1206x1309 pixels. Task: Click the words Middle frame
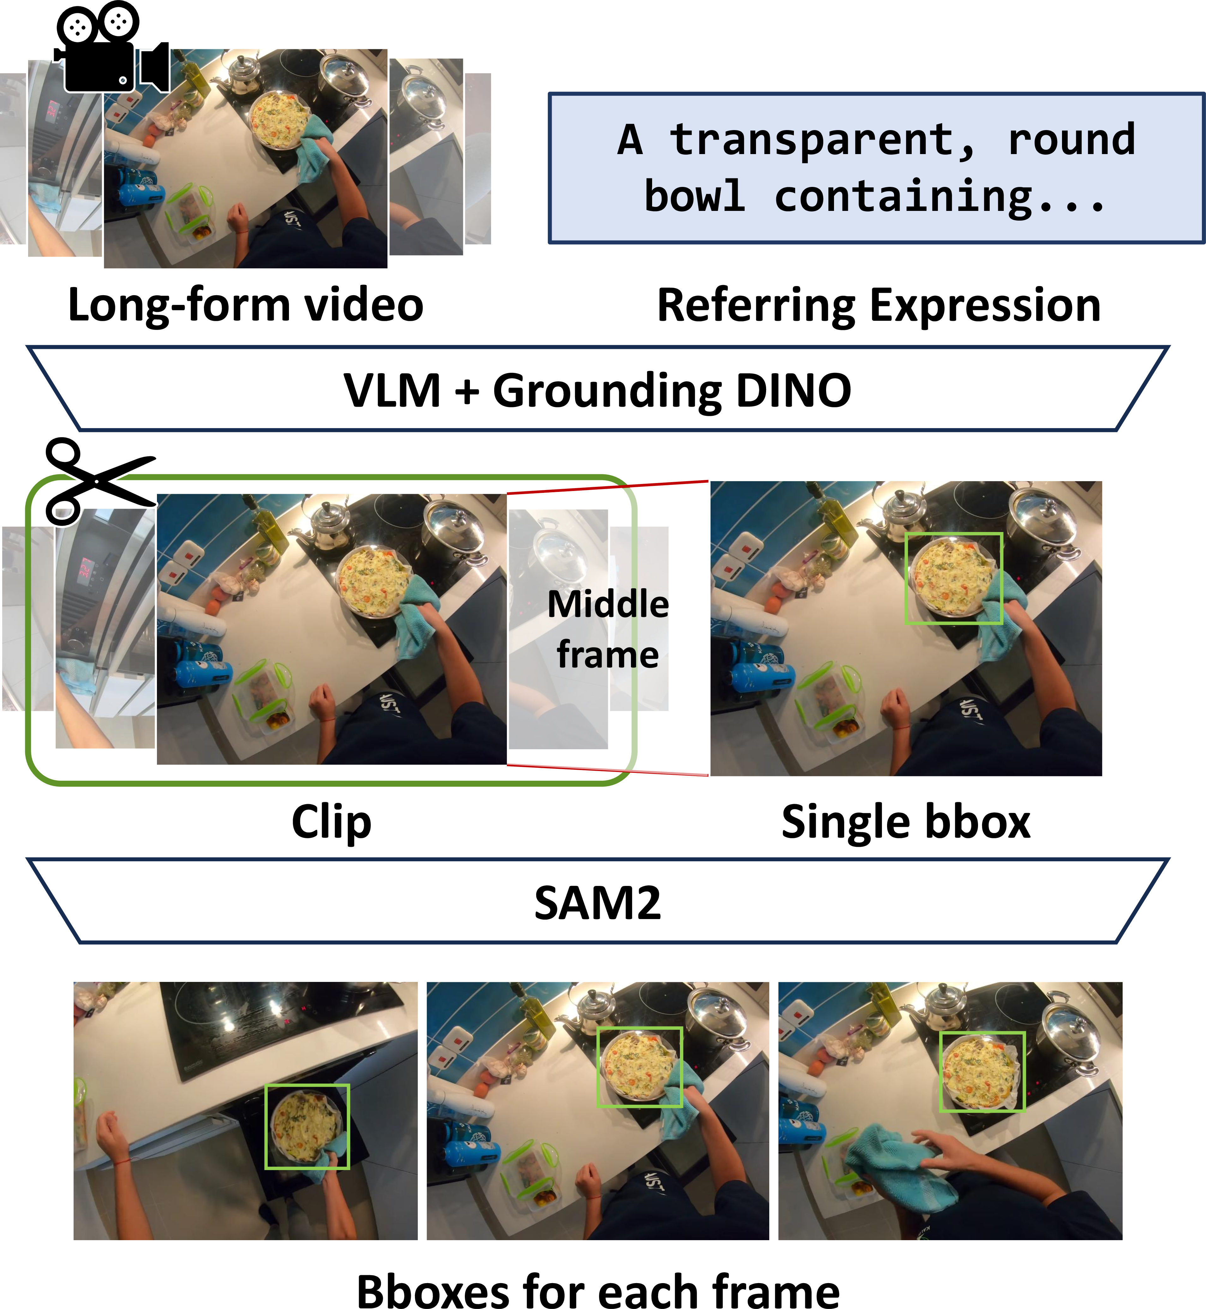tap(608, 629)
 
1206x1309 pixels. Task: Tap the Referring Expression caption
tap(879, 305)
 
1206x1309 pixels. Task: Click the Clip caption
tap(332, 823)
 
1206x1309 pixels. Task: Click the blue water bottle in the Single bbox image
tap(764, 677)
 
